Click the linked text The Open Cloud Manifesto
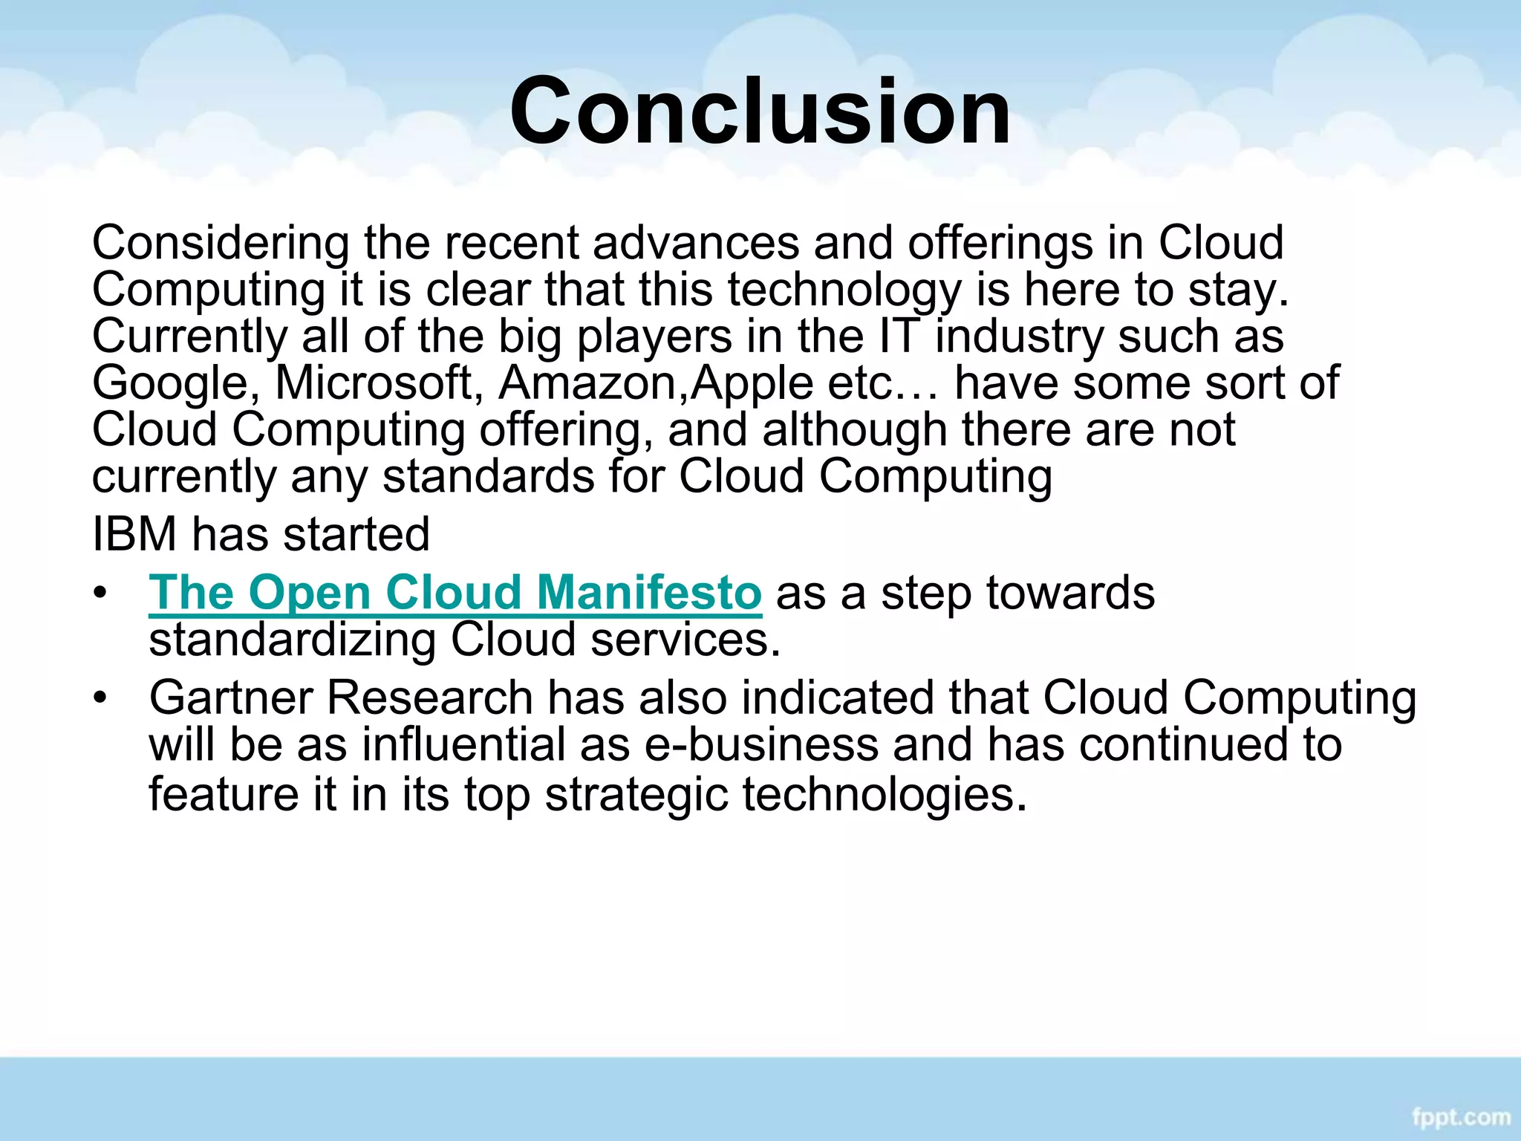(455, 593)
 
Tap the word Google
(170, 384)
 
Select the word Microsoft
(374, 383)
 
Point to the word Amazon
(593, 383)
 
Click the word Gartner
(230, 698)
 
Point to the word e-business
(760, 744)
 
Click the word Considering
(221, 244)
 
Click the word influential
(463, 744)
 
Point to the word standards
(488, 475)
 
